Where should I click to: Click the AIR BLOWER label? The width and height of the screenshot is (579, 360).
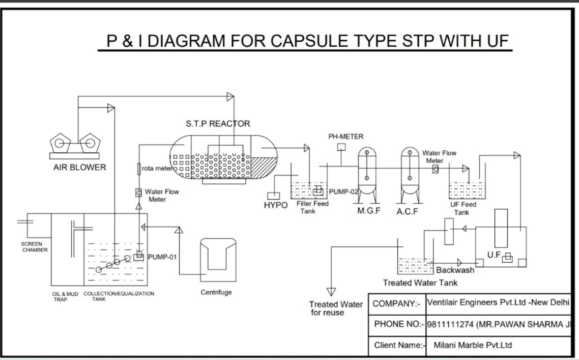pos(79,168)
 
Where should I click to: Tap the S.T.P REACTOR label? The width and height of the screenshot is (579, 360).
pos(218,124)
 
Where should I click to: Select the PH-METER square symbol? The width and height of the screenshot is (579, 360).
pos(341,147)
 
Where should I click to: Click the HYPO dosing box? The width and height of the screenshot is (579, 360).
pos(274,196)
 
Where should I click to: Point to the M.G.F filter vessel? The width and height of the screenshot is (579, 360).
pos(366,176)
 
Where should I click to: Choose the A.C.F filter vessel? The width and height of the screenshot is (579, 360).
pos(410,176)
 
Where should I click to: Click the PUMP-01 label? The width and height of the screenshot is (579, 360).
pos(162,257)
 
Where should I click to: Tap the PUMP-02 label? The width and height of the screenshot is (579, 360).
pos(344,192)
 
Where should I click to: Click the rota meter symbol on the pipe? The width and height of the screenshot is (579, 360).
pos(139,169)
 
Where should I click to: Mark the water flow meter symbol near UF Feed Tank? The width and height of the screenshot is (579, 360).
pos(435,169)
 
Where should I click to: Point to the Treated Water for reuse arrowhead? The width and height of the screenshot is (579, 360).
pos(331,292)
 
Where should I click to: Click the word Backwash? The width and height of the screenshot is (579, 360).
pos(455,270)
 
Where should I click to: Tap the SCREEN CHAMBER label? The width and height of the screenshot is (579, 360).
pos(35,247)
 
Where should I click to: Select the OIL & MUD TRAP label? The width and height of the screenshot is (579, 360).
pos(65,296)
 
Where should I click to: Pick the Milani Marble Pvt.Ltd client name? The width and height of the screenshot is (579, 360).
pos(473,345)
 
